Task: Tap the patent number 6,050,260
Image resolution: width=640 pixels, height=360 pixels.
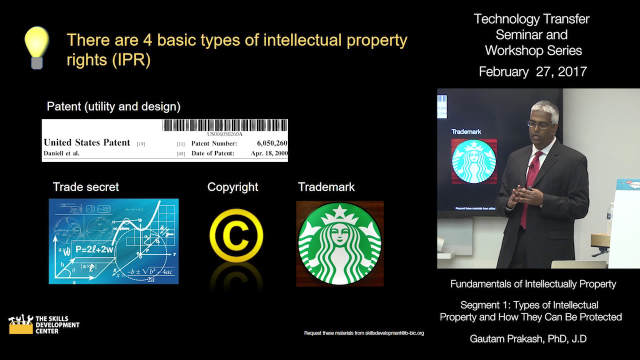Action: coord(272,143)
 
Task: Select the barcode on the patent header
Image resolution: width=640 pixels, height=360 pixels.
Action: coord(225,125)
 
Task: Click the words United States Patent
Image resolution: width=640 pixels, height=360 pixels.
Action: coord(87,142)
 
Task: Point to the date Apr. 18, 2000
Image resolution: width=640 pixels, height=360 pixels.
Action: coord(269,153)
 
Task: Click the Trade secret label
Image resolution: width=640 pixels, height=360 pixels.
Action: coord(86,187)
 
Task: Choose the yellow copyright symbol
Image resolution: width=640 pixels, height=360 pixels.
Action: coord(236,235)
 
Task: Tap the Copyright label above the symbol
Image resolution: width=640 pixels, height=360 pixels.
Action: coord(232,187)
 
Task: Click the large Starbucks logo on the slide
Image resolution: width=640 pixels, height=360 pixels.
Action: coord(340,243)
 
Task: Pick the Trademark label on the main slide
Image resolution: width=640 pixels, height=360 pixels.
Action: coord(326,187)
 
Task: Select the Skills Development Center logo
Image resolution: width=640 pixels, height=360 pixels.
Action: coord(44,324)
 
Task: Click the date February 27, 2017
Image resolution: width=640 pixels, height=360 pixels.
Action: coord(532,71)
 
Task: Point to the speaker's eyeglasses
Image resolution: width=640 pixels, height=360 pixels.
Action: coord(538,124)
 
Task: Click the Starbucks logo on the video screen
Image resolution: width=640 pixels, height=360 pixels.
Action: coord(473,161)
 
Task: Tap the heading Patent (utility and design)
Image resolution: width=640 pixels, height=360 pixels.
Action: coord(113,106)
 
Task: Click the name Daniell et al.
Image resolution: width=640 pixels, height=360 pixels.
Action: coord(61,153)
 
